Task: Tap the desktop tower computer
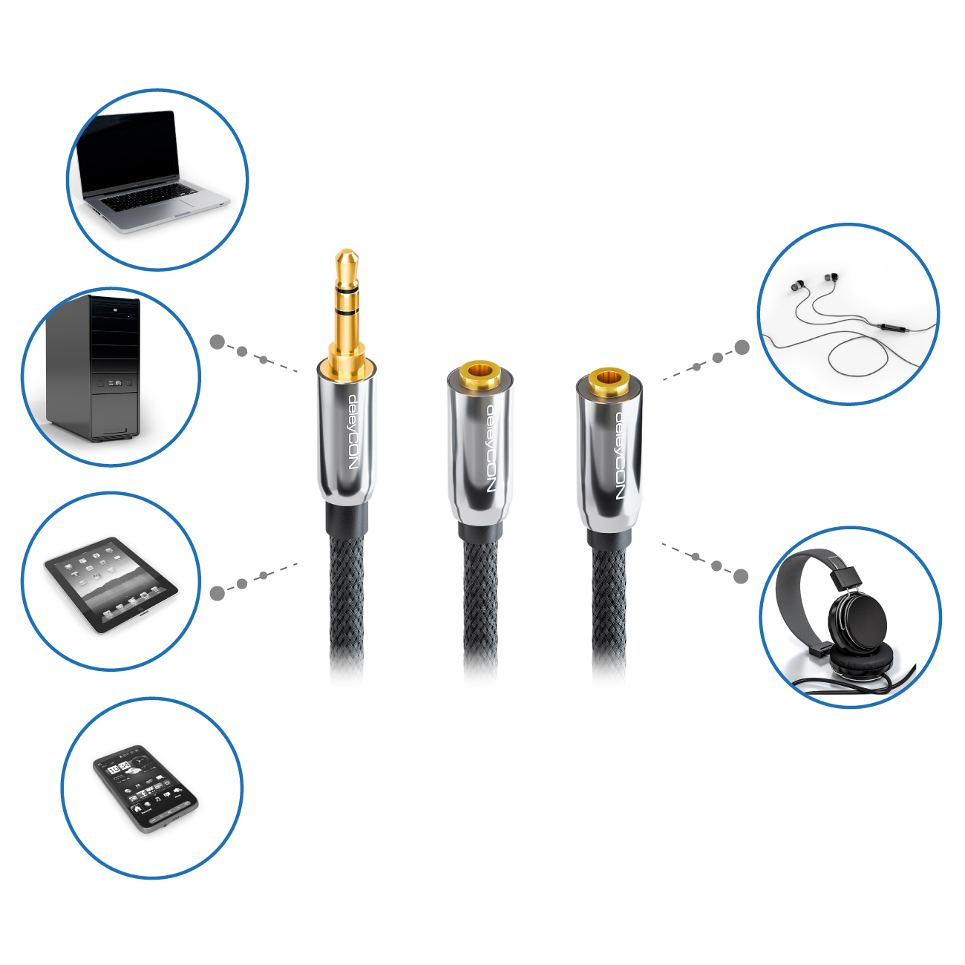click(x=93, y=368)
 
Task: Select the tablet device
click(x=111, y=584)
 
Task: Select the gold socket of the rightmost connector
click(x=609, y=379)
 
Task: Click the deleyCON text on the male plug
click(x=353, y=432)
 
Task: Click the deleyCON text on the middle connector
click(x=490, y=448)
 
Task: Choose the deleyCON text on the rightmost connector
click(x=619, y=456)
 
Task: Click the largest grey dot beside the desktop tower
click(x=217, y=342)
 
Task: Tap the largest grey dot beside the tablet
click(x=217, y=593)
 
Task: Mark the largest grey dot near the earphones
click(x=742, y=347)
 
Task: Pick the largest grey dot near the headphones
click(x=741, y=576)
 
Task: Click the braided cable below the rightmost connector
click(x=609, y=611)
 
